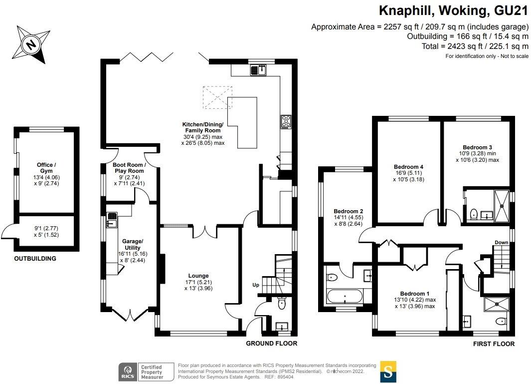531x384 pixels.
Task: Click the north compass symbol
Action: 31,45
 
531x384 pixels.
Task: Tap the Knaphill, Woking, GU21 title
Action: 454,10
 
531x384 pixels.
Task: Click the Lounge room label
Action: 198,276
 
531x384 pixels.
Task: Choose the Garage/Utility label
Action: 133,245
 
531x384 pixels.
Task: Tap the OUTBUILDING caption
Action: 35,259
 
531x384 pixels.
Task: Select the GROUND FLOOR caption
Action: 272,344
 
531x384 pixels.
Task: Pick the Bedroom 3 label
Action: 477,147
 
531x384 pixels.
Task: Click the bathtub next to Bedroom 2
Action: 346,299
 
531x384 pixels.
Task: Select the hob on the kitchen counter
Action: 286,121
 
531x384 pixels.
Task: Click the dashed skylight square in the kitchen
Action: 217,97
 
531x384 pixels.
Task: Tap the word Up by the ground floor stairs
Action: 255,286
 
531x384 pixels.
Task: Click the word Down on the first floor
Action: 501,243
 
